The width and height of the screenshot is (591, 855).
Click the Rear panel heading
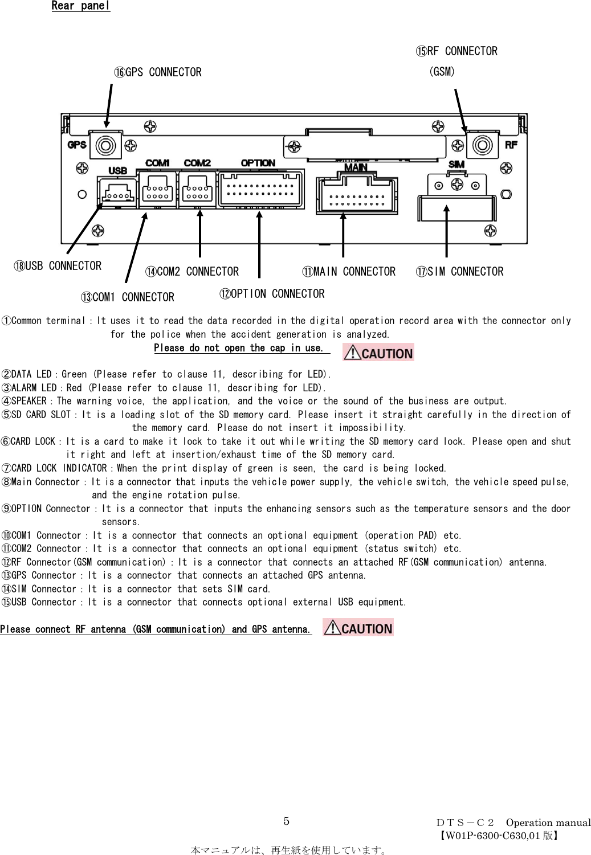[80, 6]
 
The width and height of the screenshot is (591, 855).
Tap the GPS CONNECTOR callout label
[158, 72]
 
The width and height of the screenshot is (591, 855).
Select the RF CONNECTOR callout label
[457, 52]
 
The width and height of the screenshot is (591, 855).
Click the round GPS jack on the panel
[106, 145]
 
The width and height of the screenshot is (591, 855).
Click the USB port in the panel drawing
[117, 192]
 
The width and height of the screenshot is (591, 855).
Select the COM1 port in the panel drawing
[157, 190]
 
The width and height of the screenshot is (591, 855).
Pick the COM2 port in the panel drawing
[197, 190]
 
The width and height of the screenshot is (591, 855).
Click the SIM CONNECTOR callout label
[460, 272]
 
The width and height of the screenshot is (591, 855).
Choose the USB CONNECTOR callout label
[58, 266]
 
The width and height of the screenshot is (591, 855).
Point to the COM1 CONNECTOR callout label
[128, 297]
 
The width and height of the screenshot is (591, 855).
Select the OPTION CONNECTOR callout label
[272, 294]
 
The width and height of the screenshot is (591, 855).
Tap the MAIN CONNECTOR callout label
[349, 272]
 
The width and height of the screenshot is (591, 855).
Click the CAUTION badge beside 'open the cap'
[378, 353]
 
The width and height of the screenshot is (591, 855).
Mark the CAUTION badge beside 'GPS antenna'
[358, 628]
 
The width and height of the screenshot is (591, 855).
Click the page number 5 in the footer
[287, 821]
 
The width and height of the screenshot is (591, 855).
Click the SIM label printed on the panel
[457, 165]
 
